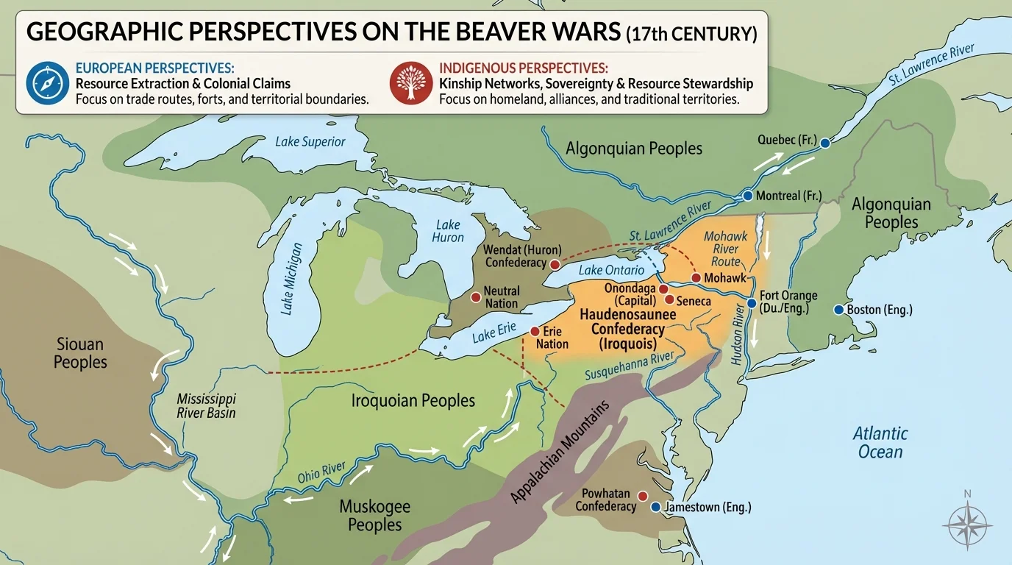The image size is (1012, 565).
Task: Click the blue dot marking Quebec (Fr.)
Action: point(824,143)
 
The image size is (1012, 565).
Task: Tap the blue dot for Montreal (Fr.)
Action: point(748,196)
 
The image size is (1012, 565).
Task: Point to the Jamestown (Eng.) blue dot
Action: point(655,507)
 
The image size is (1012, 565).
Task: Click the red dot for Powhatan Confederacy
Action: point(643,496)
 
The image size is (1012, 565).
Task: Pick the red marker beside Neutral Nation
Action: point(475,297)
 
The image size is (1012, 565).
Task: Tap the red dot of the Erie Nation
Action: point(534,332)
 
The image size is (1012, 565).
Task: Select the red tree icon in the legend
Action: point(411,83)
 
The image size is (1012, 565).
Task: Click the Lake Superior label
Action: point(310,141)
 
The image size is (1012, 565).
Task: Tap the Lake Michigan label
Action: point(293,279)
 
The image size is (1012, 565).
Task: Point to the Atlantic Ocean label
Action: point(880,442)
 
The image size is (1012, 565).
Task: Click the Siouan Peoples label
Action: point(80,353)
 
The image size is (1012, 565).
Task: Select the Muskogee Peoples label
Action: point(374,515)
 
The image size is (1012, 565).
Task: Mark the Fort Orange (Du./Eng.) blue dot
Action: point(751,303)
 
